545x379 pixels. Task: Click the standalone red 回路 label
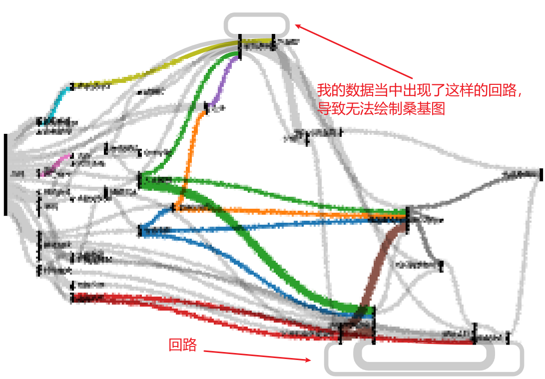[182, 345]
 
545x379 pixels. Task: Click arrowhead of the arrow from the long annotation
[298, 25]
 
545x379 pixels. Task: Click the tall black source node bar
[5, 174]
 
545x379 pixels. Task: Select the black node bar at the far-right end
[541, 175]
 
